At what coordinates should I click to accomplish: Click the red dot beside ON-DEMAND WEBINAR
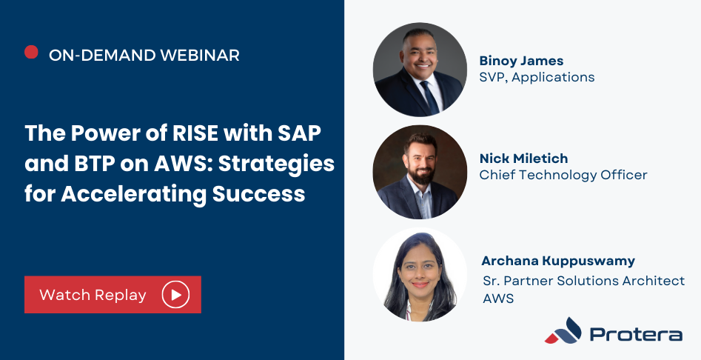click(x=31, y=52)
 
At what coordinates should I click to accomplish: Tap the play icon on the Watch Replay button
click(x=175, y=294)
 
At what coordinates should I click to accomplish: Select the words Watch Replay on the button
click(x=93, y=295)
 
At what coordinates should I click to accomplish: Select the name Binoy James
click(x=521, y=61)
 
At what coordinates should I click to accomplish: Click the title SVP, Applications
click(x=537, y=77)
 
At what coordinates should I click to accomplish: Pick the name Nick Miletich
click(x=523, y=159)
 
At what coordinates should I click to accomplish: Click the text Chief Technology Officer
click(x=563, y=175)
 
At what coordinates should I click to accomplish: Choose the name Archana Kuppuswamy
click(x=558, y=261)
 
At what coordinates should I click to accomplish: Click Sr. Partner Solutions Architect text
click(x=584, y=281)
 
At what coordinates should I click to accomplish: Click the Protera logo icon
click(x=563, y=330)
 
